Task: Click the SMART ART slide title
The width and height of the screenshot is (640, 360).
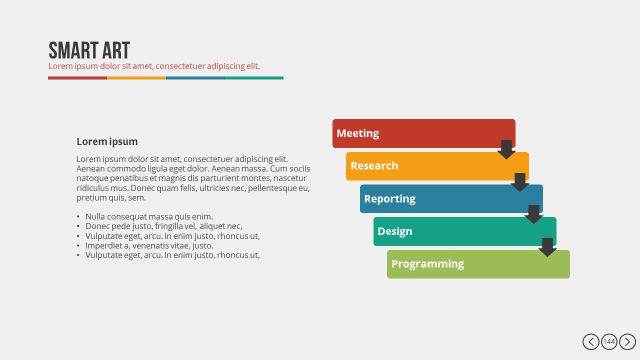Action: [89, 50]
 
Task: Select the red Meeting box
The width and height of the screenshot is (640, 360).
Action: [423, 133]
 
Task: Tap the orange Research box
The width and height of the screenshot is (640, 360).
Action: [437, 166]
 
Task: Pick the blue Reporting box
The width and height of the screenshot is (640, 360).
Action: [451, 199]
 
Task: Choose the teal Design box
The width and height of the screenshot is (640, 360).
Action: [464, 231]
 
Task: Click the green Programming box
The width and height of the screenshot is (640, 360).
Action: [478, 264]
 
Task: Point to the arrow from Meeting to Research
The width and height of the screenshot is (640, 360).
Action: [506, 149]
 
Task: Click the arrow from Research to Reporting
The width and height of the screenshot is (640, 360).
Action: [519, 182]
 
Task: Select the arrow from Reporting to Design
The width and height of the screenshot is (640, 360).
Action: [533, 214]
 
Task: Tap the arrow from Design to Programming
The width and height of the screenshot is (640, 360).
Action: [547, 247]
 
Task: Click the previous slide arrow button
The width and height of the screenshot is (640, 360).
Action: [591, 341]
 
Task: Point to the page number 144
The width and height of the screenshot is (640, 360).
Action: [609, 341]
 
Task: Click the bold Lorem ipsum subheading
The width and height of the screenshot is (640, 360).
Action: [107, 141]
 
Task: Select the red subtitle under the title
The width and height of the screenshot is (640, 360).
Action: [154, 66]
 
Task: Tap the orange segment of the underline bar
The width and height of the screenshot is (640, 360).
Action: [136, 78]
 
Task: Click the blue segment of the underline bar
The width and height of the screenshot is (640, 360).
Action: [195, 78]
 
